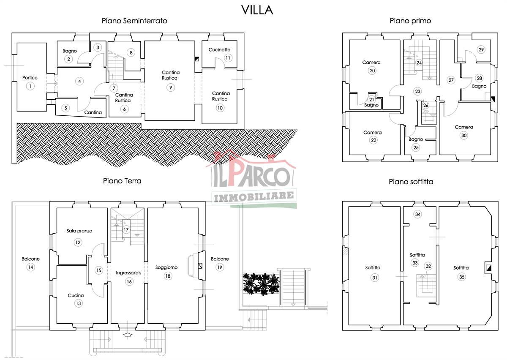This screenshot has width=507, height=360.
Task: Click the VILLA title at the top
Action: [x=257, y=10]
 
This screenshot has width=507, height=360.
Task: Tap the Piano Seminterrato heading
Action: [x=134, y=21]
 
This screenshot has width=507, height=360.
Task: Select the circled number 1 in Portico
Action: [x=30, y=86]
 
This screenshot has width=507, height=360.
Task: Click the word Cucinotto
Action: [x=219, y=49]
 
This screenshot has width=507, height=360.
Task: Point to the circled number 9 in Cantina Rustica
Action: [x=171, y=87]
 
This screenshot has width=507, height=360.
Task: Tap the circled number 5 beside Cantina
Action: [x=65, y=108]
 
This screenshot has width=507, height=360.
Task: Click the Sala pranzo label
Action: [x=79, y=231]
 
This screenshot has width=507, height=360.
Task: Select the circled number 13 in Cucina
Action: [x=78, y=303]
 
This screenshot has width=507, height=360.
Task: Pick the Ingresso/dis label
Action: [x=128, y=273]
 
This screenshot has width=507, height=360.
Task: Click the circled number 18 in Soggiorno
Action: [x=168, y=276]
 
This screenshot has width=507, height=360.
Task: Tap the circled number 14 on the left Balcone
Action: [x=30, y=267]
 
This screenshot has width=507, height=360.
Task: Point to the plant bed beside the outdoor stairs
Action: [x=261, y=284]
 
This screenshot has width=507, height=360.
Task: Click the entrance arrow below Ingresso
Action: [x=128, y=334]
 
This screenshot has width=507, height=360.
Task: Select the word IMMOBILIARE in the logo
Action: [x=254, y=196]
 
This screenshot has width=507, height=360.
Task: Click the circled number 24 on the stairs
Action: [x=419, y=63]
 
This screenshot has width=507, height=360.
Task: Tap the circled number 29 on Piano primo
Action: [x=481, y=49]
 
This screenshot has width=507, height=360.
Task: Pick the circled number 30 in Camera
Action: [x=464, y=135]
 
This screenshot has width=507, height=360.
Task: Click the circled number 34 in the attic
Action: [x=418, y=214]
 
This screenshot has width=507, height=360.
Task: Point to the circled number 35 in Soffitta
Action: [x=462, y=277]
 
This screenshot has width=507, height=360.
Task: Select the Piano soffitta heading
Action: [x=411, y=182]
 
